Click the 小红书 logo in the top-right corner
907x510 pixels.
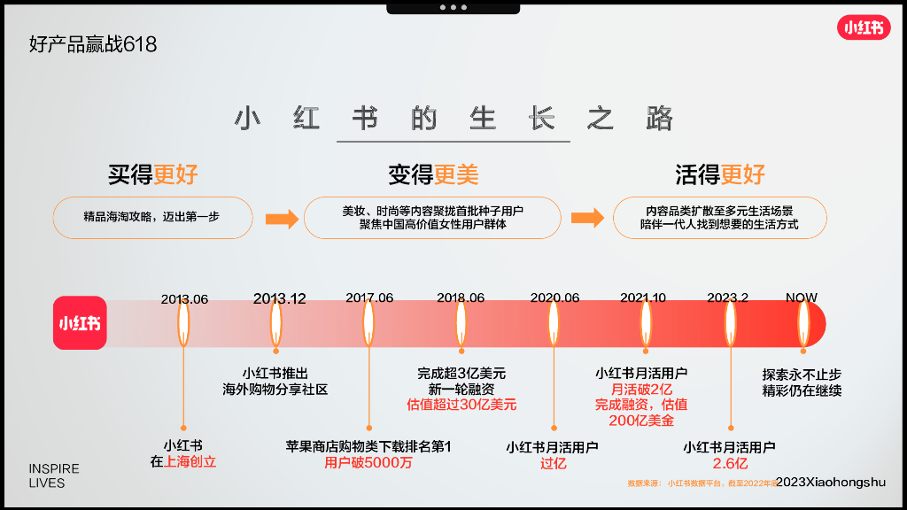click(864, 27)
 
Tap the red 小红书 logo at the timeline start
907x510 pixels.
click(79, 323)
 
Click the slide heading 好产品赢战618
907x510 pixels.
click(93, 44)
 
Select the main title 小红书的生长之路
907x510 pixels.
click(453, 120)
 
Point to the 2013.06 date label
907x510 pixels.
click(184, 299)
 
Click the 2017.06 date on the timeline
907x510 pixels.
click(369, 298)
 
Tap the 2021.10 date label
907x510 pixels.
click(643, 298)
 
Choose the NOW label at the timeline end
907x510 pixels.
click(802, 298)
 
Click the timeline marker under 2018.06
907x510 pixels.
click(461, 323)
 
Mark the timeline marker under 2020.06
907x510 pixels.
click(554, 323)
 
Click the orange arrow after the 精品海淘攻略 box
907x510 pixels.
click(282, 219)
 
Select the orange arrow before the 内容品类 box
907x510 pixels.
click(587, 219)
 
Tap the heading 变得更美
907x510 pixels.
click(433, 174)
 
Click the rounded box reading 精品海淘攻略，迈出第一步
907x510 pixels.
click(153, 218)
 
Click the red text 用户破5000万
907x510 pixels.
click(368, 462)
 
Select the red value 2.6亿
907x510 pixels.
click(730, 463)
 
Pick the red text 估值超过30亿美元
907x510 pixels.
click(461, 405)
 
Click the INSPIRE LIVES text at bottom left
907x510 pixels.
click(54, 475)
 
